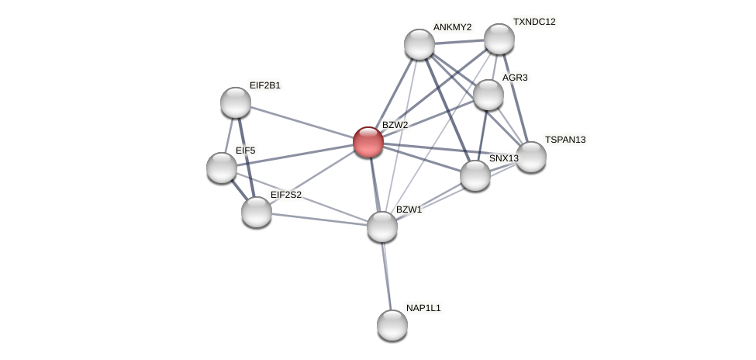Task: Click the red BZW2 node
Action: [x=368, y=142]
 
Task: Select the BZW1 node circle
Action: [x=382, y=227]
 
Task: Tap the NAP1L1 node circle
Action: [x=392, y=325]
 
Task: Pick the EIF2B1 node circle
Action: [x=236, y=102]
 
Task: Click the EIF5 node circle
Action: [x=222, y=168]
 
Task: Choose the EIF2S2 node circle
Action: [x=257, y=212]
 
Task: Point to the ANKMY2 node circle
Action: [x=419, y=44]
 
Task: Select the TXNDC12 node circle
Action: [x=499, y=39]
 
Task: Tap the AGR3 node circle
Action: [x=488, y=95]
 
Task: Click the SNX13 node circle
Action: [x=475, y=175]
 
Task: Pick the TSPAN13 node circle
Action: [x=531, y=157]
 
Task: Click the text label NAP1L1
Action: [x=423, y=308]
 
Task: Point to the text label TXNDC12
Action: [x=534, y=22]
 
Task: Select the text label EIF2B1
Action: [x=265, y=85]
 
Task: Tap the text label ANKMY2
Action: [x=452, y=27]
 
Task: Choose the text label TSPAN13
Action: [x=565, y=140]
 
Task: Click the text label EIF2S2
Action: [x=286, y=195]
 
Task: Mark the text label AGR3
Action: [x=515, y=78]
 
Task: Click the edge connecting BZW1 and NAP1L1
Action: [x=387, y=275]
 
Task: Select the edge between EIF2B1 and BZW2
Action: [x=302, y=122]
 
